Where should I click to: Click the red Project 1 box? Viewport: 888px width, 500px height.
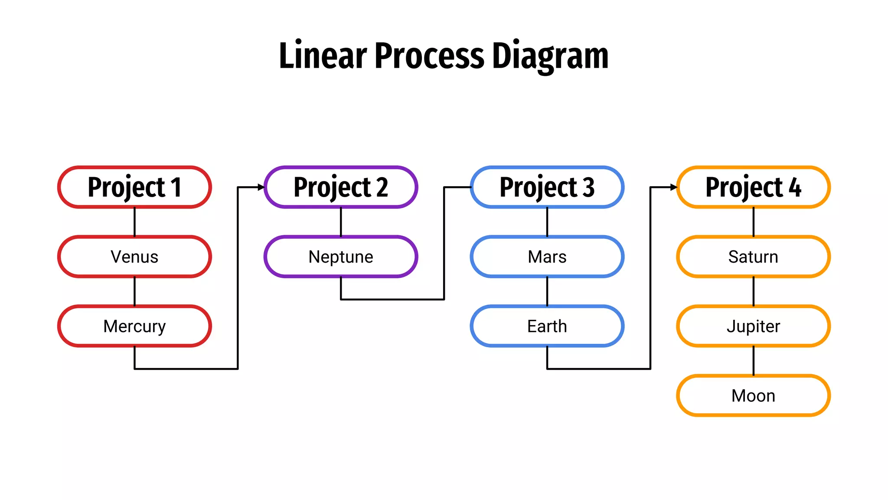[x=134, y=187]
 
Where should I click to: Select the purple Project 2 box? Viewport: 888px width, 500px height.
[x=341, y=187]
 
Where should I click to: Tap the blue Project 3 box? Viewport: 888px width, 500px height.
[x=547, y=187]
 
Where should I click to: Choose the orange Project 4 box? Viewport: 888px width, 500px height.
[x=753, y=187]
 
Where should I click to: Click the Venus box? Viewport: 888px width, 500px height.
[x=134, y=257]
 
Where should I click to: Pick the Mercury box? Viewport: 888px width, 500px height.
[x=134, y=326]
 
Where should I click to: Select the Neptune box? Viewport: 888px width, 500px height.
[x=341, y=257]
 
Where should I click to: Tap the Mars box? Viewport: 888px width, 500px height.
[x=547, y=257]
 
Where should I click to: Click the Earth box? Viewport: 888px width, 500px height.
[x=547, y=326]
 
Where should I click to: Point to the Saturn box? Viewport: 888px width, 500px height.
[x=753, y=257]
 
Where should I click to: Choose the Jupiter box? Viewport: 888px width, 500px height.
[x=753, y=326]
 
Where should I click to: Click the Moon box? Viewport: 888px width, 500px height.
[x=753, y=395]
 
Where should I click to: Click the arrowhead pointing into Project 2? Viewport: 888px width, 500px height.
[x=261, y=187]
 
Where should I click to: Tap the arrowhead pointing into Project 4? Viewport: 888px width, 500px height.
[x=674, y=187]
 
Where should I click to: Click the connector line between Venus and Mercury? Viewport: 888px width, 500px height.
[x=134, y=291]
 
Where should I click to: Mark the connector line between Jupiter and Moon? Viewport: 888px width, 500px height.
[x=753, y=361]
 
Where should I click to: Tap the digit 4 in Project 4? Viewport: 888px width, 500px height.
[x=794, y=187]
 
